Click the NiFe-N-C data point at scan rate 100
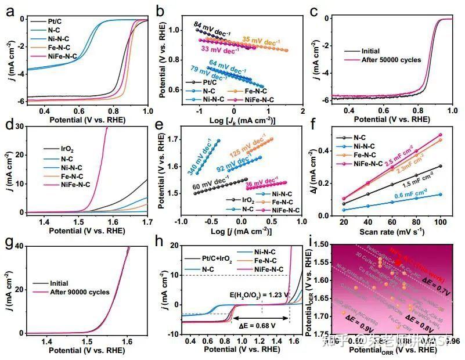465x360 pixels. [x=439, y=135]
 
